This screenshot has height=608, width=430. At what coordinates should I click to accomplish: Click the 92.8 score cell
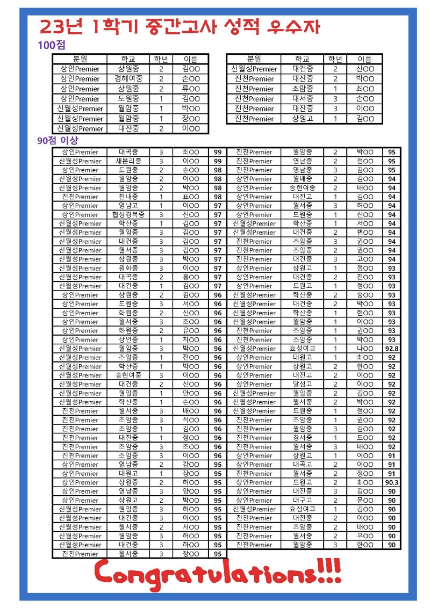[x=392, y=349]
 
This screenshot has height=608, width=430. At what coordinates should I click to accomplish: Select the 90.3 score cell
[x=392, y=482]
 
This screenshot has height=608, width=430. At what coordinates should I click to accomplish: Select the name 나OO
[x=364, y=349]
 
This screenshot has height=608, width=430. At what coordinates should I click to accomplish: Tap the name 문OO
[x=364, y=500]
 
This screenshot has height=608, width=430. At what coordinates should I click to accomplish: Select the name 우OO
[x=364, y=536]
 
